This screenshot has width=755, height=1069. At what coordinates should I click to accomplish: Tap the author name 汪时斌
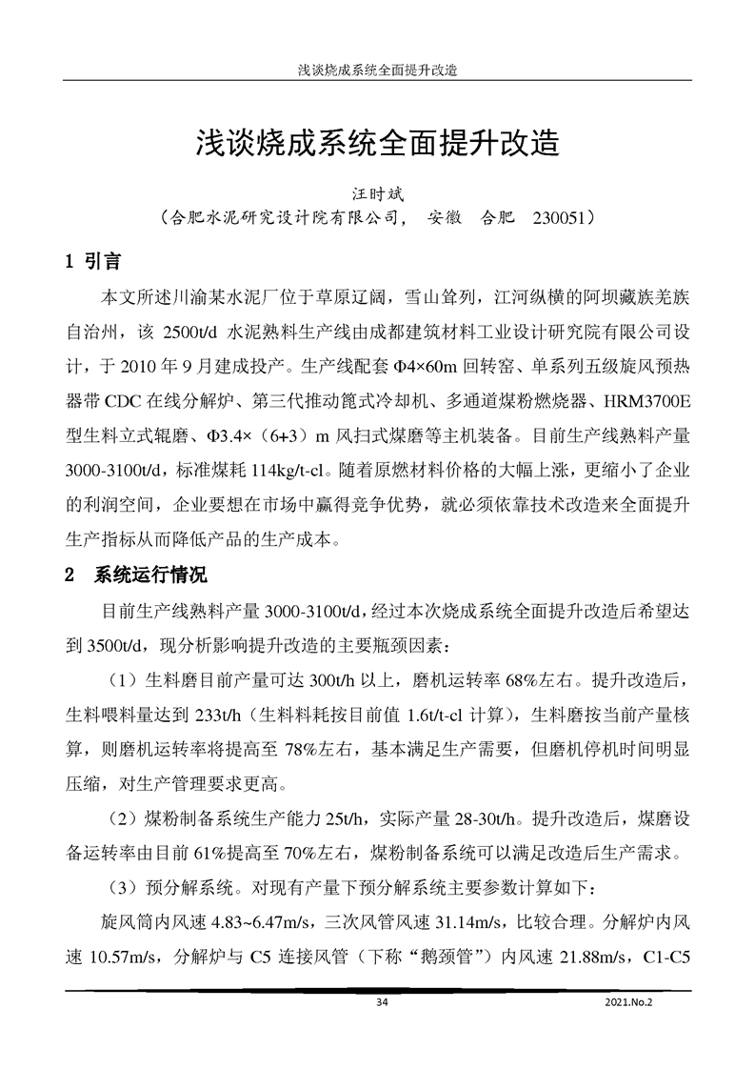click(379, 192)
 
